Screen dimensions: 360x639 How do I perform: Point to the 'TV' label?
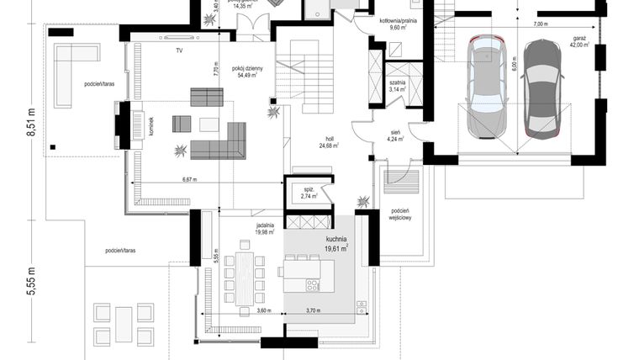[179, 51]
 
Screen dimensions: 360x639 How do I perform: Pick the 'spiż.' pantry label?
[309, 190]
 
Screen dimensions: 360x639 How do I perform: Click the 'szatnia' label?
[398, 82]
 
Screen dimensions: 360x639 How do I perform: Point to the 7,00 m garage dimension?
[540, 24]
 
